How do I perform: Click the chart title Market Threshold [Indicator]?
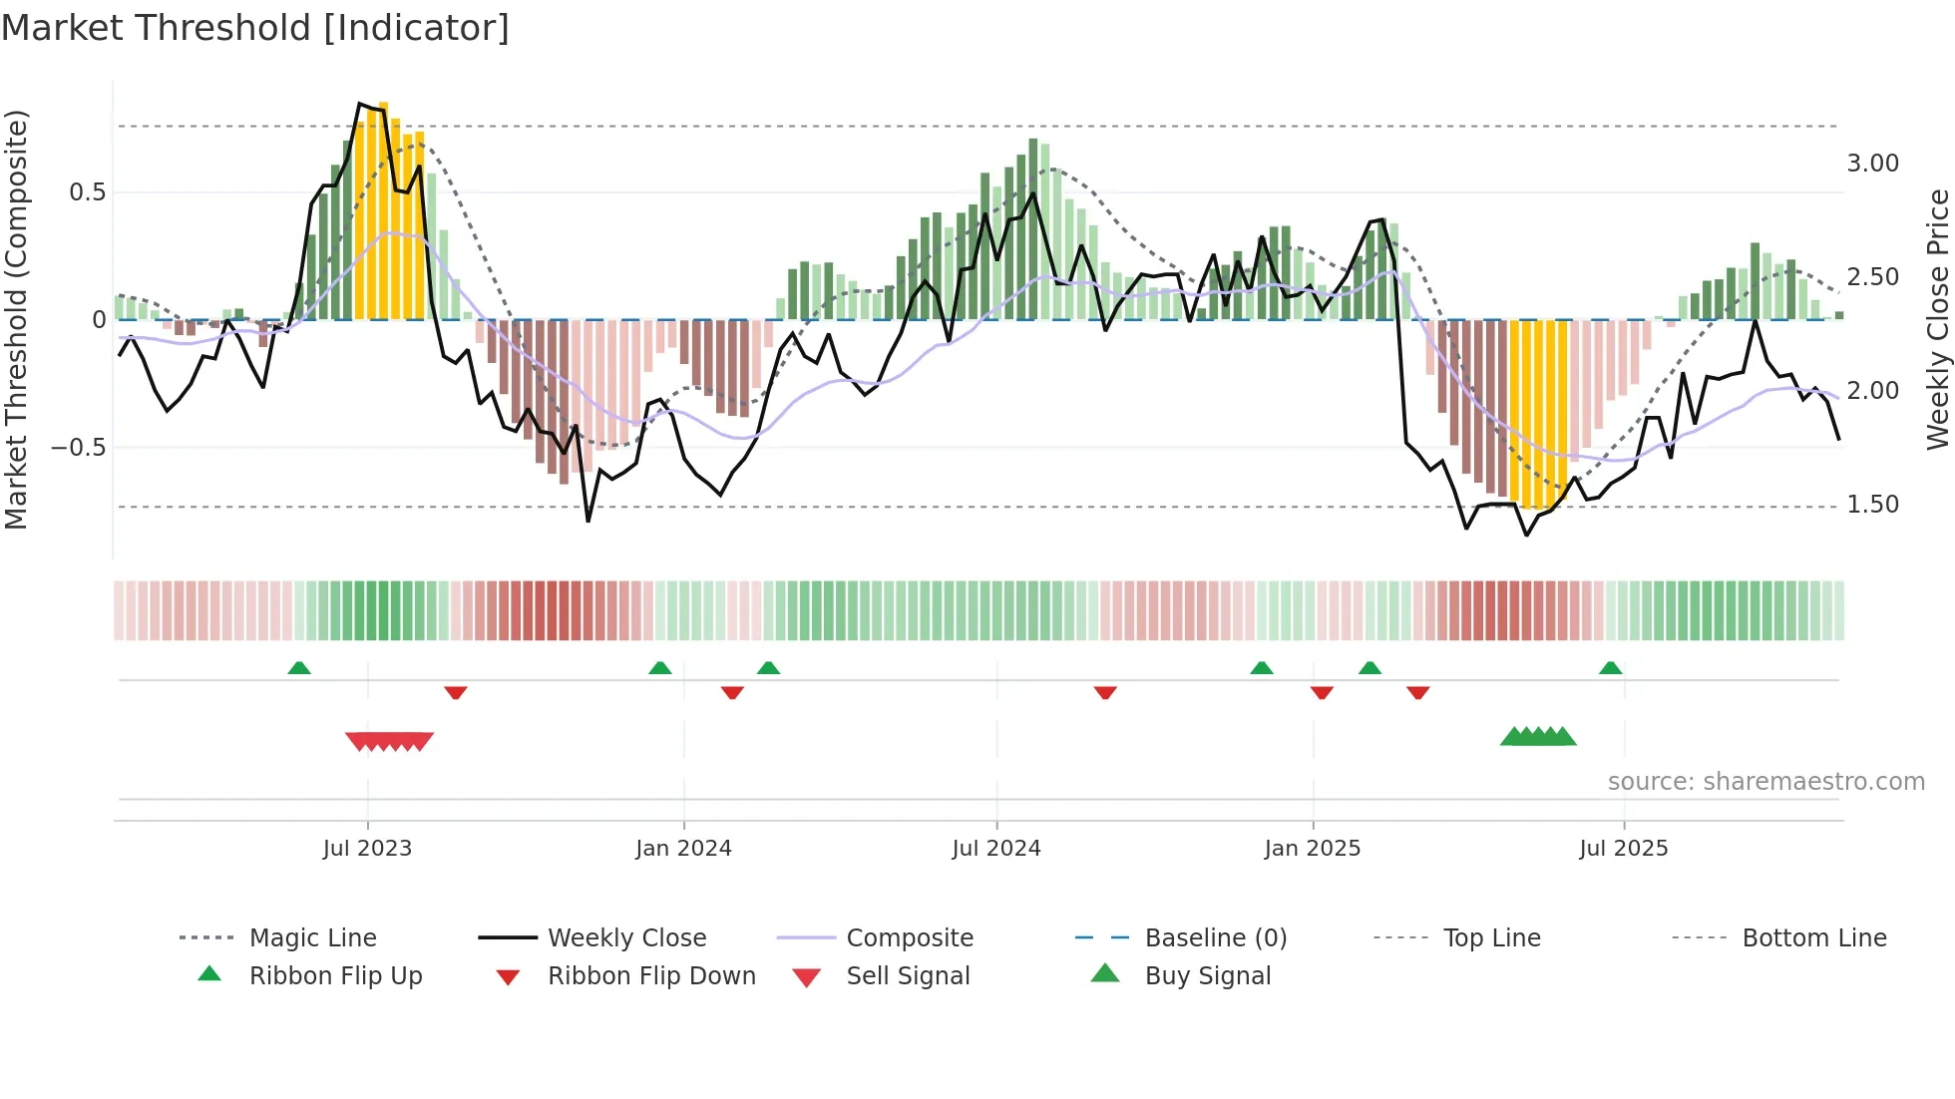tap(255, 28)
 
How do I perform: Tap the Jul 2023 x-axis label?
tap(367, 849)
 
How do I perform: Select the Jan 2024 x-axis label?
tap(683, 849)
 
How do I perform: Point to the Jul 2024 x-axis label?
tap(995, 849)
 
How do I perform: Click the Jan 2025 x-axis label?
tap(1312, 849)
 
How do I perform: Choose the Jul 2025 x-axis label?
tap(1623, 849)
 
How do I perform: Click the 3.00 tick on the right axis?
tap(1872, 164)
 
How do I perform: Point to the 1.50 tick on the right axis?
tap(1872, 505)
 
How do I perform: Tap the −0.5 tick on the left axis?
tap(79, 448)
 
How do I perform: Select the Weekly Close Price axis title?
tap(1937, 319)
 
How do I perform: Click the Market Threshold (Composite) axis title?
tap(16, 319)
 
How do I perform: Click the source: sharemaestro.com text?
tap(1765, 782)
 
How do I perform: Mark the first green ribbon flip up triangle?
tap(299, 668)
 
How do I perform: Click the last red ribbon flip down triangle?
tap(1418, 692)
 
